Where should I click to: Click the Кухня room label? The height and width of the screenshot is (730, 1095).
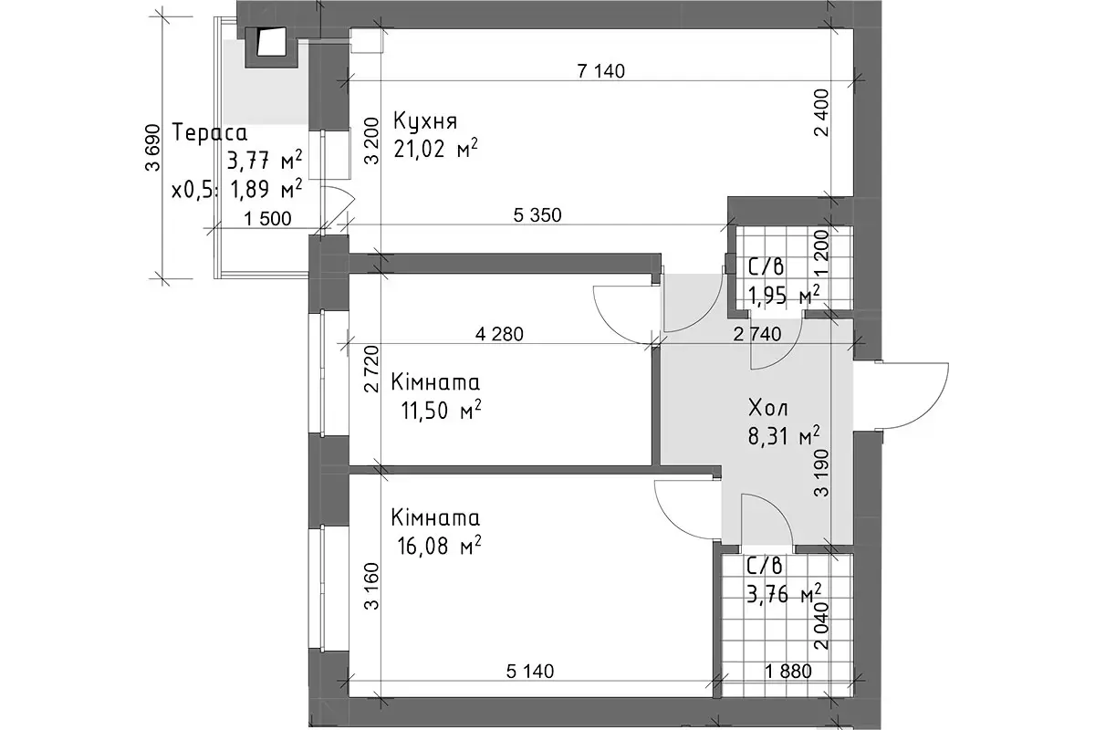[425, 121]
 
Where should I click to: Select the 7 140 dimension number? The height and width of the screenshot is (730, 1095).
[600, 71]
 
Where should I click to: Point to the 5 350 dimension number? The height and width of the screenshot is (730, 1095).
[537, 215]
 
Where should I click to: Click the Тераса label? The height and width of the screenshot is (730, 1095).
[210, 132]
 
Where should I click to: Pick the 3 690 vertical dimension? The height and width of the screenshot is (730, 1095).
[153, 148]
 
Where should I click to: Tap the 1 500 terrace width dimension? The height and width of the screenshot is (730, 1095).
[267, 219]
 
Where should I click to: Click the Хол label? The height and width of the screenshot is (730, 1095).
[768, 408]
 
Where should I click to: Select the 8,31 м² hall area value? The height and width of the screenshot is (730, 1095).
[784, 435]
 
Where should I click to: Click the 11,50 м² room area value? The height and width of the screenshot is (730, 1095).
[441, 410]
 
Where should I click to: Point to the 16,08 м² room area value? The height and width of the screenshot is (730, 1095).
[439, 545]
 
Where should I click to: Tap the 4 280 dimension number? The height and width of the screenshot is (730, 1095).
[499, 335]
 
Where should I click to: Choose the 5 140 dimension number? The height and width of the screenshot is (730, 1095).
[530, 672]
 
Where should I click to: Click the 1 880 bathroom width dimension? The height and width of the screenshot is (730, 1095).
[788, 672]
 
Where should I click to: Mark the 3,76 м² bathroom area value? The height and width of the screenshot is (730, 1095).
[784, 594]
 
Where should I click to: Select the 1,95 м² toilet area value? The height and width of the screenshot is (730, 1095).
[784, 295]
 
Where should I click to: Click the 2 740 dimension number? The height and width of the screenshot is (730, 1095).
[757, 335]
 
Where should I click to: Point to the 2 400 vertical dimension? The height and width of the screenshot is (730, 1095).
[822, 113]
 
